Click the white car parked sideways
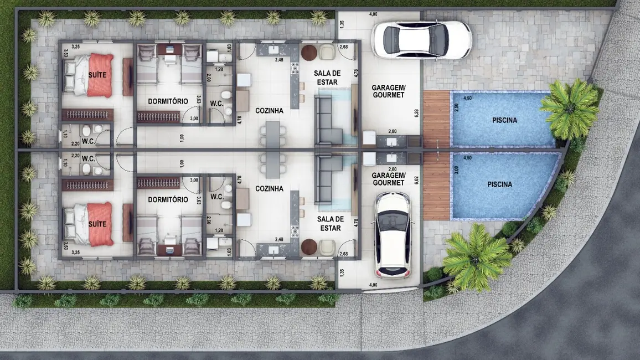pos(421,39)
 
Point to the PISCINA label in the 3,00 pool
pos(499,184)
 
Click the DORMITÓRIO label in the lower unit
pos(168,199)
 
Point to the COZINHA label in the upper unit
pos(269,111)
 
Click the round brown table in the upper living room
pos(309,53)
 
